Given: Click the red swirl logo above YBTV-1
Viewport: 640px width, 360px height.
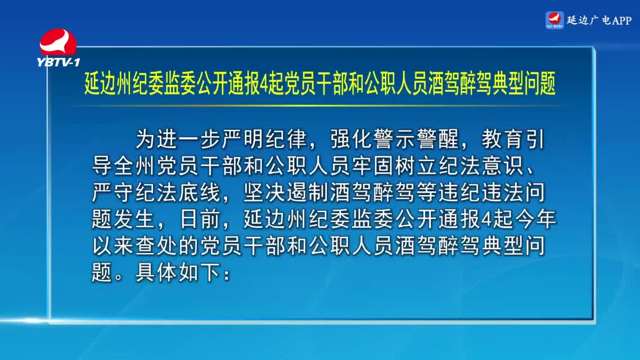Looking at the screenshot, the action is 57,41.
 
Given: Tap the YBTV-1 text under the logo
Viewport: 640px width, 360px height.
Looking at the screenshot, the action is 58,62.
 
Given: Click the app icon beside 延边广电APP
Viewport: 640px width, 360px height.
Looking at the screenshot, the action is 555,20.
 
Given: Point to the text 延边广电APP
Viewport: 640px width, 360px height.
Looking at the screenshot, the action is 599,20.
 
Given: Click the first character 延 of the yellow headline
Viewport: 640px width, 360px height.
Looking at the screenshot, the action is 92,83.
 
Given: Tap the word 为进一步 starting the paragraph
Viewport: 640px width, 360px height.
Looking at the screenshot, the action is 178,139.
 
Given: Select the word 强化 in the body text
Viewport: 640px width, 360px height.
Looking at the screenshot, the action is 351,139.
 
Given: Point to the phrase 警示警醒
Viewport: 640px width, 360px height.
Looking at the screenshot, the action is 416,139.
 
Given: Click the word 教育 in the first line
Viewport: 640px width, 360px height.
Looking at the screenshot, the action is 502,139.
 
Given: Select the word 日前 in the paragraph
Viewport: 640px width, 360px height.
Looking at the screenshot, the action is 200,218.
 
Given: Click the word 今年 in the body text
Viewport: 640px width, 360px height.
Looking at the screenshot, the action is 535,218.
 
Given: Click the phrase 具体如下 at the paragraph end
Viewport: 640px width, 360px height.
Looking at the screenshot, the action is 178,272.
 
